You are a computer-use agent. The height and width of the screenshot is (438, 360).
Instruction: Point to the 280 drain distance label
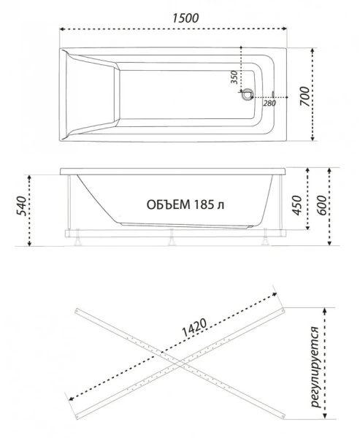269,103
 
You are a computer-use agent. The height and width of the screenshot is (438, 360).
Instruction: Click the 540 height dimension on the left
21,211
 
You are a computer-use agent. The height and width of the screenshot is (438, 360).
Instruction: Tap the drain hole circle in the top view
249,94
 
